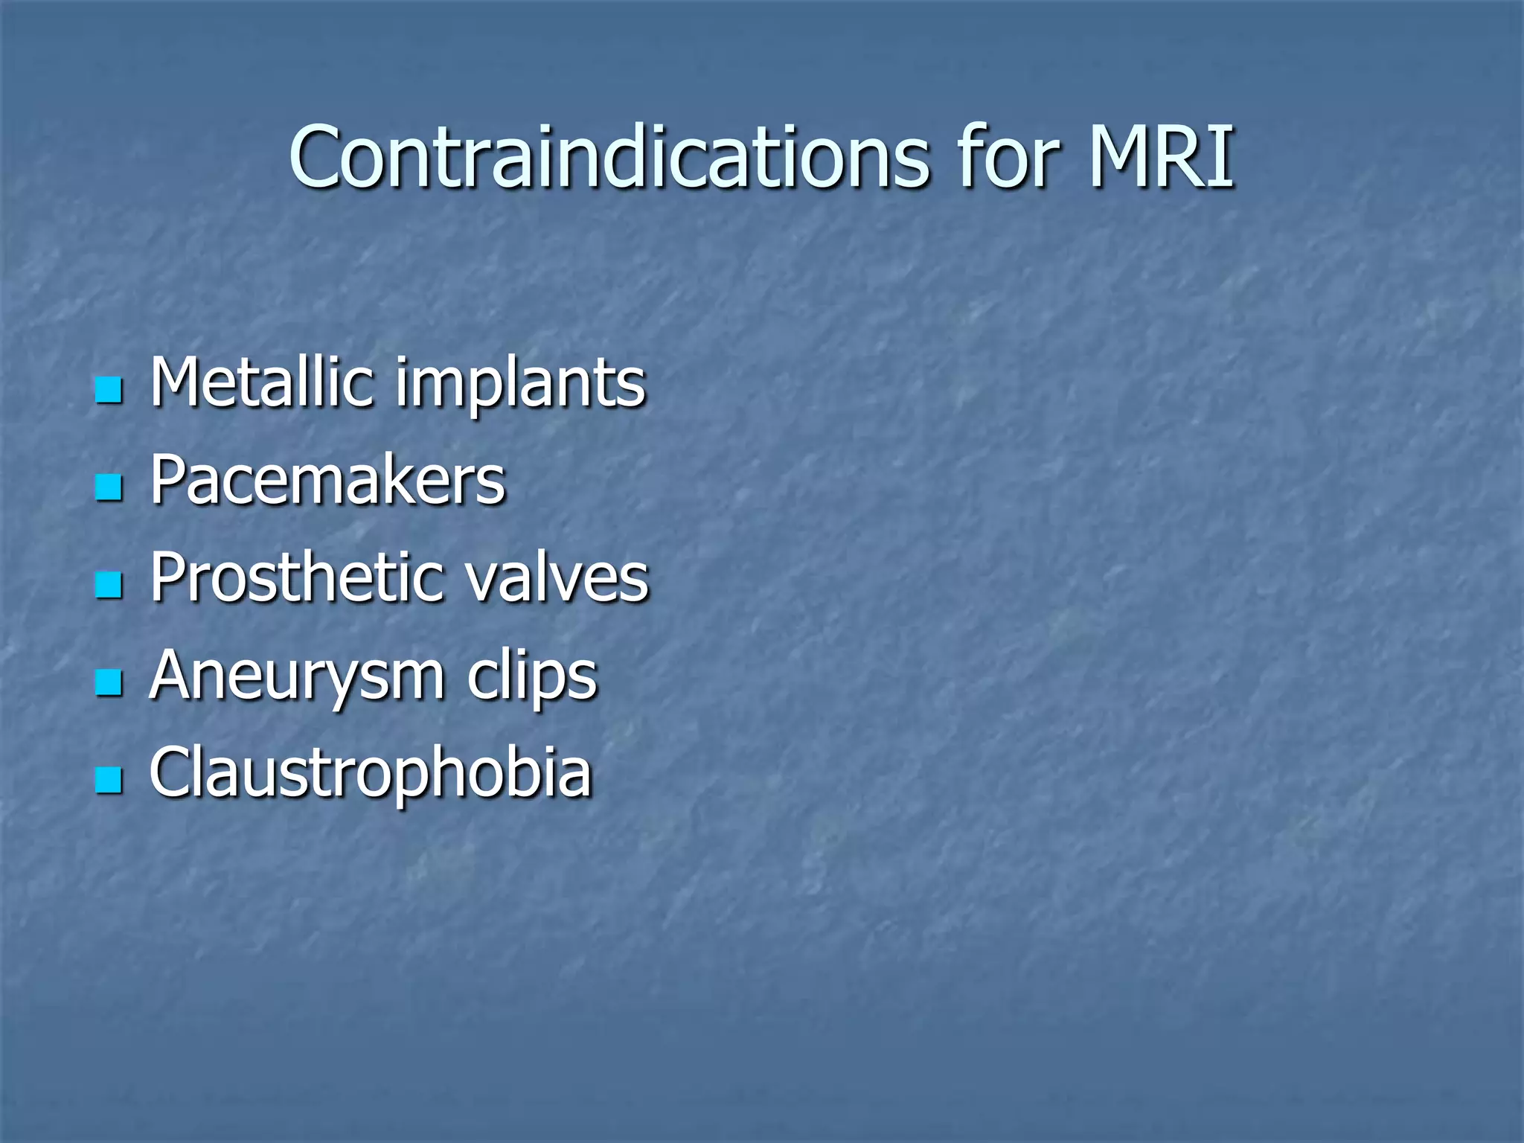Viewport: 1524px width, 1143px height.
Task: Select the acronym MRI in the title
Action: (1161, 158)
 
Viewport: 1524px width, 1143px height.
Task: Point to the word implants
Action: (520, 387)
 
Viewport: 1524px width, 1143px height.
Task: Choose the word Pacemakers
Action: (327, 480)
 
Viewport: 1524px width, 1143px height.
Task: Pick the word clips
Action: (532, 677)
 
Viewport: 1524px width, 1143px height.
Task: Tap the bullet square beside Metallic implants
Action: (109, 389)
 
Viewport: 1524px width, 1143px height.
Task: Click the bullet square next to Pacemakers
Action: (109, 487)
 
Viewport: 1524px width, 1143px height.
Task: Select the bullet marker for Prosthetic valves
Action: (109, 585)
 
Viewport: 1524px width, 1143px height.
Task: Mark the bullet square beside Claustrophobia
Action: (109, 780)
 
